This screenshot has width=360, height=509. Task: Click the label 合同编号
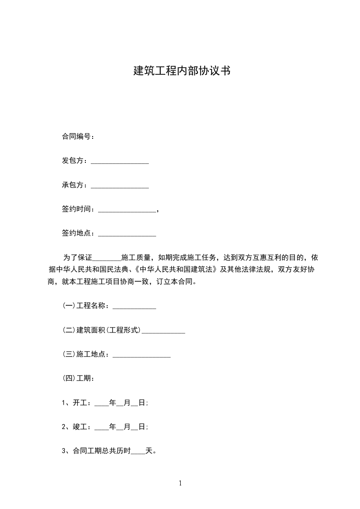76,137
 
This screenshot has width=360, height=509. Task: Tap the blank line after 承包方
120,186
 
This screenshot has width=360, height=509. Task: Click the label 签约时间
78,209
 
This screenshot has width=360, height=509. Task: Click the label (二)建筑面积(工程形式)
102,330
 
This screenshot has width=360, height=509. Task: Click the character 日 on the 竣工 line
142,427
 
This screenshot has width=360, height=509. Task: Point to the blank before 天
138,452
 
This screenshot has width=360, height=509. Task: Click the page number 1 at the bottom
180,484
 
